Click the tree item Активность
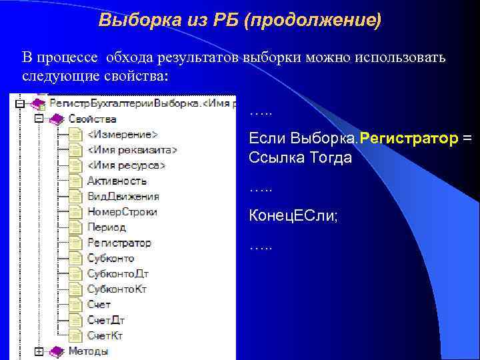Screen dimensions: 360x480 coord(117,181)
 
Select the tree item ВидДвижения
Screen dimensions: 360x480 coord(123,196)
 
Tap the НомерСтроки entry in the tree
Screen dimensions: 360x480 coord(122,212)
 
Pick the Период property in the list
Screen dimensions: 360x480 coord(106,227)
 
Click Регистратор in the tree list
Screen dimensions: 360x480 coord(119,243)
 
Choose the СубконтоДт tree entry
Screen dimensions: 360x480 coord(117,273)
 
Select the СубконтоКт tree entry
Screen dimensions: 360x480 coord(117,289)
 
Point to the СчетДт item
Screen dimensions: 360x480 coord(105,320)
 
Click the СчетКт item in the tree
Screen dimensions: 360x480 coord(105,335)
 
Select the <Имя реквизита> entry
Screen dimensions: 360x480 coord(132,149)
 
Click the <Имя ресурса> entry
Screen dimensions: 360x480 coord(126,165)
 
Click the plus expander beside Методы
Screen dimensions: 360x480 coord(39,351)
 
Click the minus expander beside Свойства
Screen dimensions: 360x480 coord(39,119)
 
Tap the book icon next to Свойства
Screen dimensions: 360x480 coord(57,119)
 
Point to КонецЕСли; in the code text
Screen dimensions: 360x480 coord(293,216)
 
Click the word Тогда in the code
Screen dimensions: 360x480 coord(327,158)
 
